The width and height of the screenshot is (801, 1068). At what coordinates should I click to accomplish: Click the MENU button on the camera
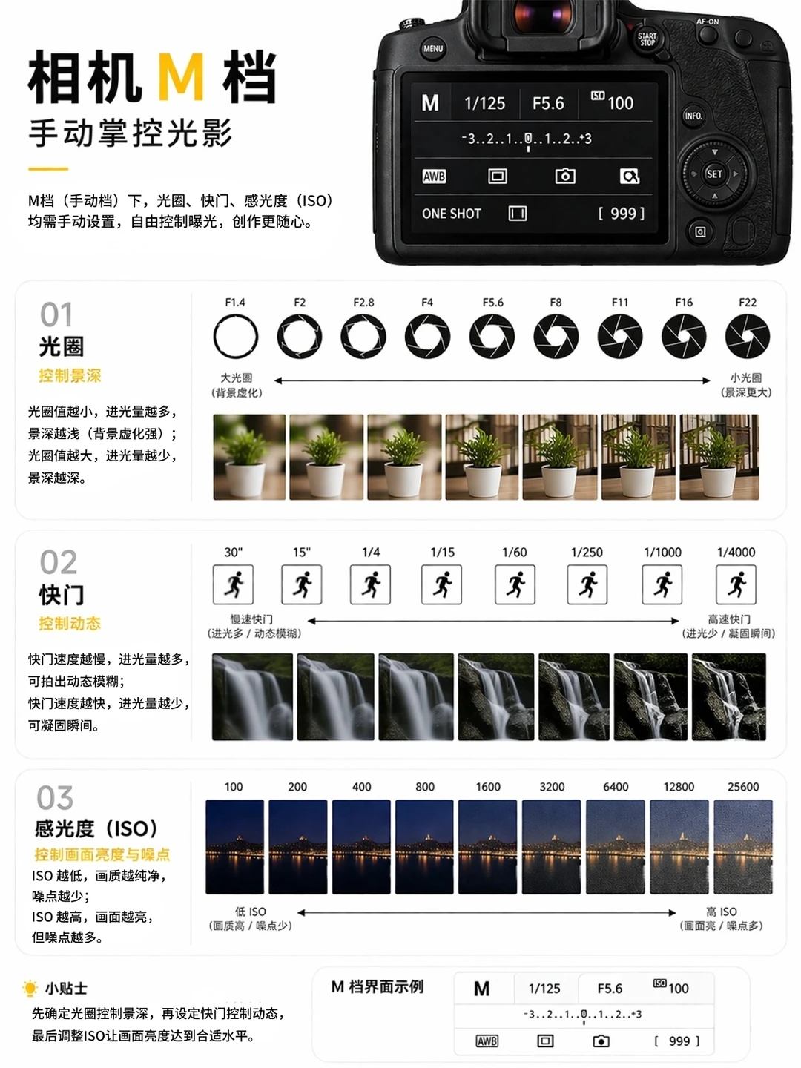coord(432,49)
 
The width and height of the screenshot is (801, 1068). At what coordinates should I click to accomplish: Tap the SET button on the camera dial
coord(714,174)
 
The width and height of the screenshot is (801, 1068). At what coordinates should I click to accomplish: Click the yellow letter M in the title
coord(181,76)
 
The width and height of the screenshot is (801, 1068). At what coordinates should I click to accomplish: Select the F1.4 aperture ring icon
coord(235,336)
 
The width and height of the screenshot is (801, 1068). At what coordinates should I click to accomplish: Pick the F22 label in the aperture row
coord(747,302)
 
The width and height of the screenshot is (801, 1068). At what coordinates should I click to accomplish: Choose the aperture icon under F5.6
coord(492,336)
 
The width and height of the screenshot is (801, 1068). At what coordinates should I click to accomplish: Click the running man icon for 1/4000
coord(736,584)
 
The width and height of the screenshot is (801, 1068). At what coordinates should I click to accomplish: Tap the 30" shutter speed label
coord(234,553)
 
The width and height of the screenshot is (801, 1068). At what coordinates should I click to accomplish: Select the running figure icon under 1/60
coord(515,584)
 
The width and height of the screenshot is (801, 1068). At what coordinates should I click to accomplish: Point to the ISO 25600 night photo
coord(742,847)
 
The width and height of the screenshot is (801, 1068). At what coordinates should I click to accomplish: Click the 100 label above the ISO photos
coord(234,787)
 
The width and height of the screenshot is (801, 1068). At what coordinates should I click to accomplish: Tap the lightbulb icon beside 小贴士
coord(30,988)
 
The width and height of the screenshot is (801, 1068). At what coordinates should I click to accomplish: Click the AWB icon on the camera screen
coord(434,176)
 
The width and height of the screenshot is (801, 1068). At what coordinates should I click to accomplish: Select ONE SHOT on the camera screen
coord(452,214)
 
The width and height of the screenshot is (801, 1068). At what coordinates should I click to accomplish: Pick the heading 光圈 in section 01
coord(62,346)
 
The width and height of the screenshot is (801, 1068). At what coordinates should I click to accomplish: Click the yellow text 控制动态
coord(70,623)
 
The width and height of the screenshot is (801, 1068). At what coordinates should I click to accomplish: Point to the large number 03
coord(55,798)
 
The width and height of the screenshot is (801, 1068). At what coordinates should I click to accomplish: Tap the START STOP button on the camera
coord(647,39)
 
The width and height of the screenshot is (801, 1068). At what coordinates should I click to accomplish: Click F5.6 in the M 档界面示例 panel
coord(610,988)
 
